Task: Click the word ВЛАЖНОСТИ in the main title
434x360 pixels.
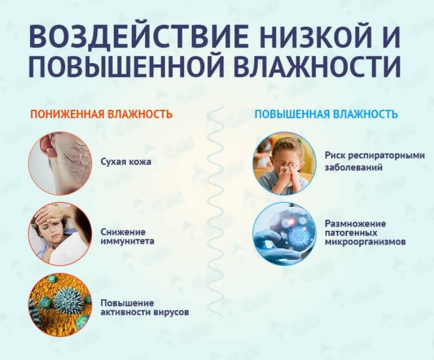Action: [x=316, y=67]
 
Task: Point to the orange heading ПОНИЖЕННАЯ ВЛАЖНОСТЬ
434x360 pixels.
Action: [x=101, y=114]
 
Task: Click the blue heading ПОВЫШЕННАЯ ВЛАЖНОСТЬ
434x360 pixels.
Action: [x=326, y=114]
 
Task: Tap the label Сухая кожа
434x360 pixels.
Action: [x=126, y=162]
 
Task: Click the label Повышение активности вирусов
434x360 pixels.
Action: [x=144, y=308]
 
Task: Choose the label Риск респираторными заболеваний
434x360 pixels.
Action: [x=370, y=161]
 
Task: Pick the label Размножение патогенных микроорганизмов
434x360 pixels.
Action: [x=365, y=233]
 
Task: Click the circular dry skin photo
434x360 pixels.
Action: [x=60, y=163]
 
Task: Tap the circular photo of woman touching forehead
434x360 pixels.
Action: [x=60, y=234]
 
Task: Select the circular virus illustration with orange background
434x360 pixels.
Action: [x=60, y=305]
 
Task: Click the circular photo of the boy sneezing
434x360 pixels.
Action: [x=284, y=162]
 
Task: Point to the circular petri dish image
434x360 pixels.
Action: [x=284, y=233]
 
